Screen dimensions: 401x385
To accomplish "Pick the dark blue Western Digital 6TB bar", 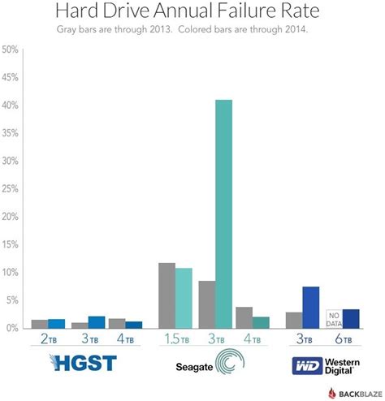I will [x=350, y=318].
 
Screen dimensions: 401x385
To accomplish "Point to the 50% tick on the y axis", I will [x=11, y=50].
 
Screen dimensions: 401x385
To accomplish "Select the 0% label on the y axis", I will [x=12, y=328].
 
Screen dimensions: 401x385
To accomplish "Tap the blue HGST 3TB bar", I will [x=96, y=321].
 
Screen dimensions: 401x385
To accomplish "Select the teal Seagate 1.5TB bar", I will [x=184, y=298].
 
